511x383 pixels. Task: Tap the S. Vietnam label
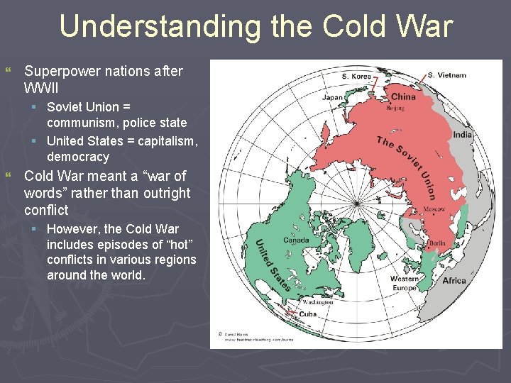446,75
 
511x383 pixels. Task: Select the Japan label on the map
334,98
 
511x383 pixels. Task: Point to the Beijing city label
395,109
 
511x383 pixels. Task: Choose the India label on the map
462,135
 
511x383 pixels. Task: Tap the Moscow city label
434,210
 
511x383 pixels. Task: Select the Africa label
454,281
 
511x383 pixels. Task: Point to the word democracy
78,157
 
